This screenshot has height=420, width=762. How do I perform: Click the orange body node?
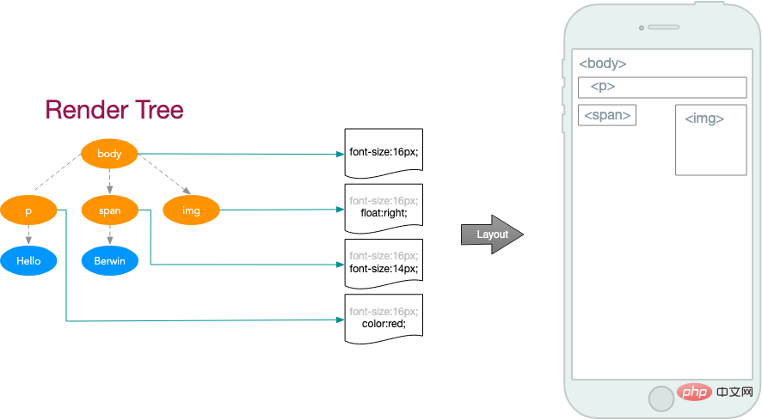(109, 155)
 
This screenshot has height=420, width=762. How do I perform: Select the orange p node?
(28, 210)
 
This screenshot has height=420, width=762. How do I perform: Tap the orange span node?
(109, 210)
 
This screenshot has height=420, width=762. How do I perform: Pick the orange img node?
(191, 210)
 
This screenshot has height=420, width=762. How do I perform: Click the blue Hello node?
(28, 260)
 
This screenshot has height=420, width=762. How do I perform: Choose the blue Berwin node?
(109, 260)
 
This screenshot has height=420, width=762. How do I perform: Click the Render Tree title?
(114, 110)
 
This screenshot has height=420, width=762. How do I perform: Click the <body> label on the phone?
(602, 64)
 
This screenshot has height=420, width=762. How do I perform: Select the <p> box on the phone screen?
(661, 88)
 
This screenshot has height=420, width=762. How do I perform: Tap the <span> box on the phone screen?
(607, 115)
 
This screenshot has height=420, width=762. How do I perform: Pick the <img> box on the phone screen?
(710, 140)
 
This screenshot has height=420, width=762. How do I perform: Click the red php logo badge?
(690, 393)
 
